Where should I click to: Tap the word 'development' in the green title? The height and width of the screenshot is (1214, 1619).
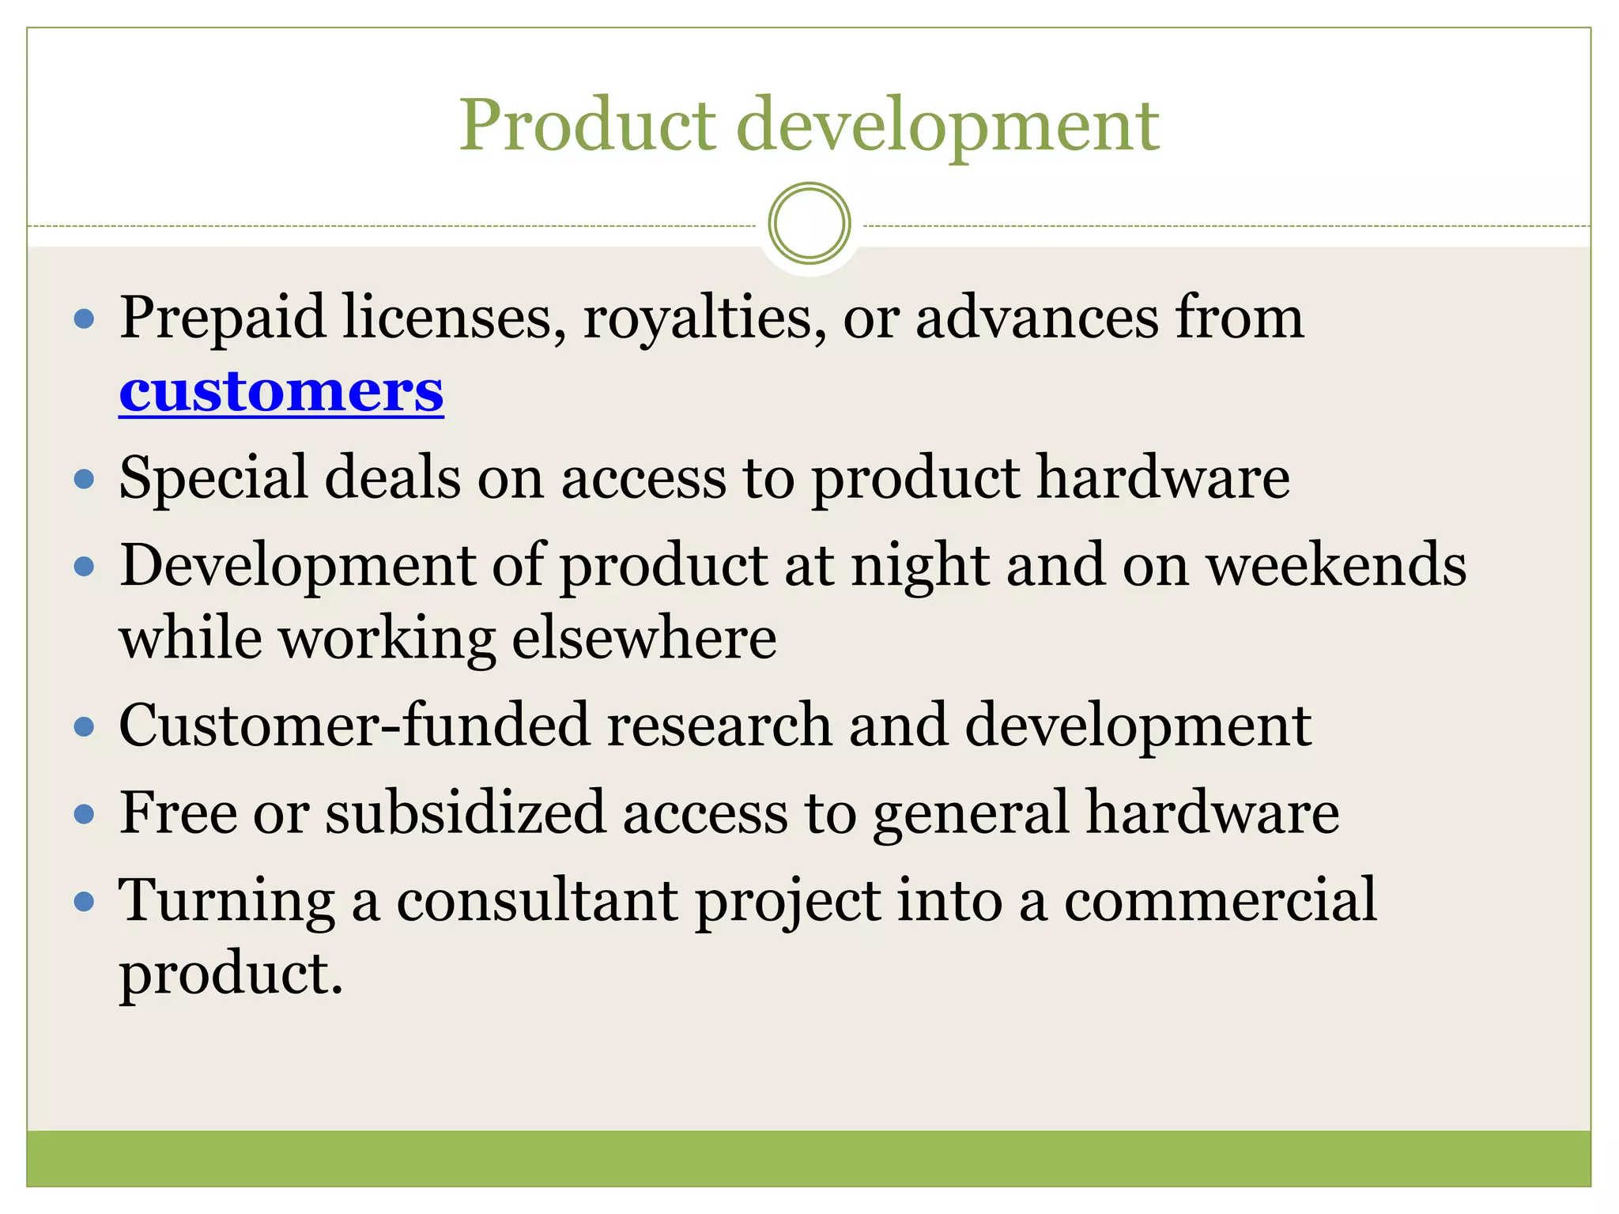(947, 126)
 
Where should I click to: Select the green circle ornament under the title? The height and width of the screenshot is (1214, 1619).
(809, 224)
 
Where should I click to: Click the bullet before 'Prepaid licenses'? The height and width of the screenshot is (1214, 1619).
(84, 319)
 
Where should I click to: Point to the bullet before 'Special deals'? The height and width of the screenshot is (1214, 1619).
(84, 479)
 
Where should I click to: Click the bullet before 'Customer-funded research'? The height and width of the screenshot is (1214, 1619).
(84, 726)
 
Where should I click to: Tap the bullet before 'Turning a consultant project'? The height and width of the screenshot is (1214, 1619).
(84, 902)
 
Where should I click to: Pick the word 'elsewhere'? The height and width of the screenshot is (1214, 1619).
(644, 638)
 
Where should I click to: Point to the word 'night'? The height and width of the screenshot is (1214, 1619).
(919, 567)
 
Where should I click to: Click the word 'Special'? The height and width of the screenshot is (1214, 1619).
(213, 479)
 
